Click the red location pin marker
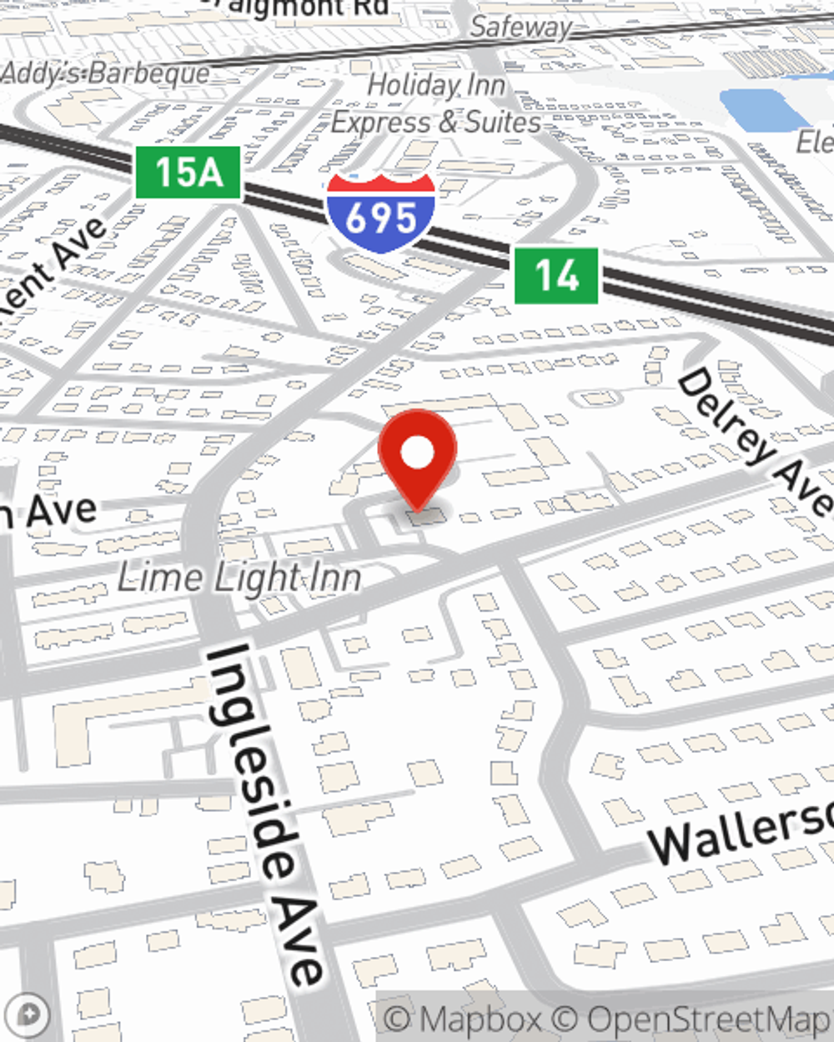[417, 458]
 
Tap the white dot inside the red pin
[418, 453]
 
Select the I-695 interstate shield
[380, 213]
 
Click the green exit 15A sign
[188, 173]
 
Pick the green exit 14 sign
[556, 275]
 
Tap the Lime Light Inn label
[239, 578]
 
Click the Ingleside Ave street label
[265, 813]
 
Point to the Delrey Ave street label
[755, 442]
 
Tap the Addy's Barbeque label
[105, 73]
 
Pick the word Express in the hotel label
[382, 123]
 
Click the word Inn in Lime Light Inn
[331, 578]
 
